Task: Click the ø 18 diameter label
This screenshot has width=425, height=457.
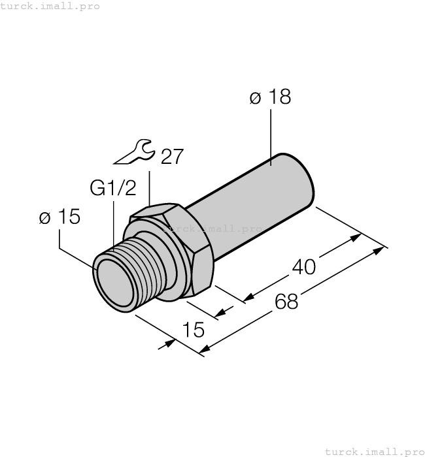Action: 270,98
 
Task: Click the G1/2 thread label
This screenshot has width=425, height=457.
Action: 113,189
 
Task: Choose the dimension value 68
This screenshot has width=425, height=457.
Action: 286,302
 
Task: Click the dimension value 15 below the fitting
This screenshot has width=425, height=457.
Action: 194,330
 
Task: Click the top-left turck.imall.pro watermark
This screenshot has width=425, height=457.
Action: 50,6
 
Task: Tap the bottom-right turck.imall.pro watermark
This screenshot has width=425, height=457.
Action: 374,451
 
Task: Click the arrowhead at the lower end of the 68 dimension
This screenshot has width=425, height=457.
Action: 205,352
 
